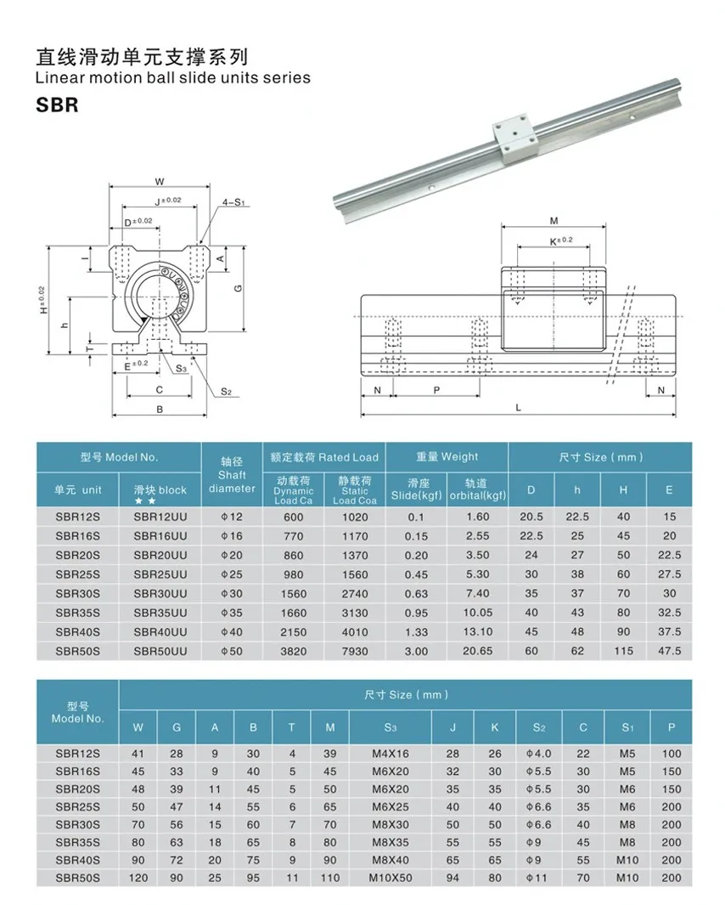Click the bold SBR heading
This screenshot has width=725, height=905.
(x=58, y=106)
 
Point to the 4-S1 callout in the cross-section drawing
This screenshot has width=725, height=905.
(x=233, y=202)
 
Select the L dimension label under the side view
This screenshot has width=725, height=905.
(x=518, y=407)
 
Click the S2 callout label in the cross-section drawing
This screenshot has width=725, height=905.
(x=226, y=391)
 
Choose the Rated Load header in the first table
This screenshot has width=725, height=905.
(x=323, y=457)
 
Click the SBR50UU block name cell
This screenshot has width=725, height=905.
(x=160, y=651)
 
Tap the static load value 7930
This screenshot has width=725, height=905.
(x=355, y=651)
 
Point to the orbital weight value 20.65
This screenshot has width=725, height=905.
(x=478, y=651)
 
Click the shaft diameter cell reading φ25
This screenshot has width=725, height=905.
(x=232, y=574)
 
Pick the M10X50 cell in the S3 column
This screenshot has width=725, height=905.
(x=390, y=878)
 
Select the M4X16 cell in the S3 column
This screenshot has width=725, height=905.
(x=390, y=754)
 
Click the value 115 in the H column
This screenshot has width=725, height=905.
(x=623, y=651)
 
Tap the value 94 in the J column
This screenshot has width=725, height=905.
(x=452, y=878)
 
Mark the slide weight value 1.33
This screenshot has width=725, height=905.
(x=416, y=631)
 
